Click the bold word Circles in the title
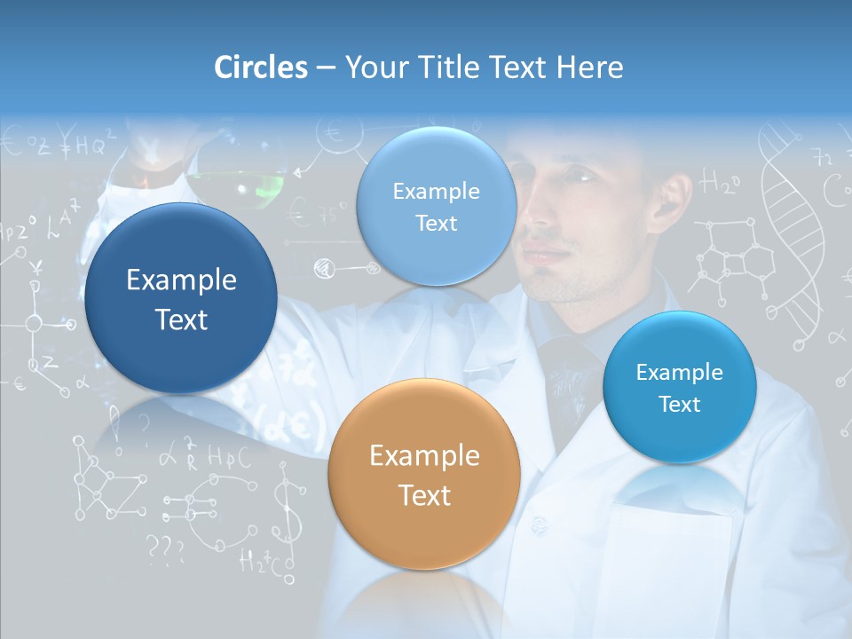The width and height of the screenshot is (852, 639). (260, 67)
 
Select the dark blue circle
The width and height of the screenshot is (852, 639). (181, 298)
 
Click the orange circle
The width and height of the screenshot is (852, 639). (424, 474)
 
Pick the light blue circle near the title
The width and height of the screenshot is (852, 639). (436, 207)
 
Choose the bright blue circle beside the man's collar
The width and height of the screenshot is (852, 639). (679, 387)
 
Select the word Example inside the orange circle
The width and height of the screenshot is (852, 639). (424, 456)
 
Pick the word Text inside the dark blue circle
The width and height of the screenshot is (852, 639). (181, 319)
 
